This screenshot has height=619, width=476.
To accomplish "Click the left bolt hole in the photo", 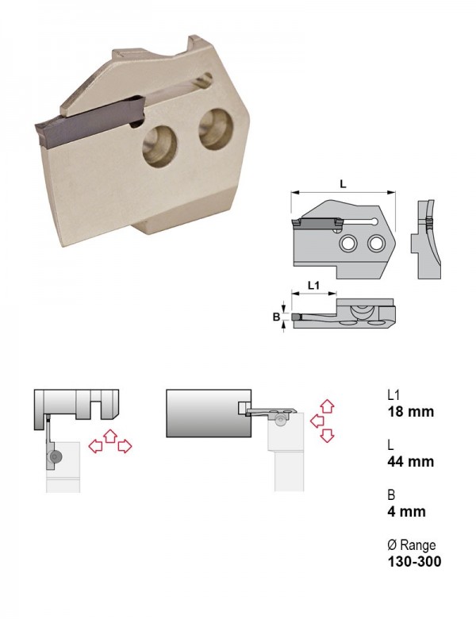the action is tap(159, 146).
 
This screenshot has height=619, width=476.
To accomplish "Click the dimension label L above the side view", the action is tap(343, 183).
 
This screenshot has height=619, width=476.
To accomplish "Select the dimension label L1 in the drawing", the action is tap(313, 286).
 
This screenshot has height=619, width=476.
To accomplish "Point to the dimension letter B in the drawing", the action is tap(277, 317).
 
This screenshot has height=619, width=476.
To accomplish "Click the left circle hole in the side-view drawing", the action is tap(347, 244).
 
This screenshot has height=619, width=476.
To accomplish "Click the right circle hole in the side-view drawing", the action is tap(376, 243).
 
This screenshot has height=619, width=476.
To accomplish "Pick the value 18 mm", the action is tap(410, 412).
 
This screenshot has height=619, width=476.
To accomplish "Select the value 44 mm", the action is tap(410, 462).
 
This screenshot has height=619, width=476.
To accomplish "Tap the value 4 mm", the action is tap(406, 512).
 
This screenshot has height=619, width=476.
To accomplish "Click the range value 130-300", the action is tap(414, 561).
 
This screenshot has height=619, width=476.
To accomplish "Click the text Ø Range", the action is tap(412, 545).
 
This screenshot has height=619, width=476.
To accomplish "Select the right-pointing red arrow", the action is tap(125, 447).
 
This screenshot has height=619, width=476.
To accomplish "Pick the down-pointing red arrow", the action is tap(328, 436).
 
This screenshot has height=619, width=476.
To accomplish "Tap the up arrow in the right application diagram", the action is tap(327, 406).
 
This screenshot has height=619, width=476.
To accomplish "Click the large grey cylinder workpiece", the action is tap(209, 413).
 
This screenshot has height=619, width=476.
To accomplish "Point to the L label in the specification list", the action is tap(390, 445).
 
